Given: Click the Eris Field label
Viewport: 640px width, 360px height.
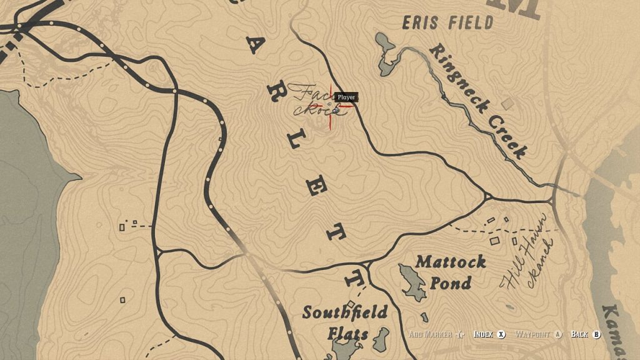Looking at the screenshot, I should (x=447, y=23).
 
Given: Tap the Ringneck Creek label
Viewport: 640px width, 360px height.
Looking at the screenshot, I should (x=477, y=101).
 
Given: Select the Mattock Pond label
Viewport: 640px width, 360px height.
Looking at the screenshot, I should (x=450, y=272).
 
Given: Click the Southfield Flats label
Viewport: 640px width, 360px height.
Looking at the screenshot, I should (x=345, y=322).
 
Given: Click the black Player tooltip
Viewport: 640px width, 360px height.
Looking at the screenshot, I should (x=346, y=97).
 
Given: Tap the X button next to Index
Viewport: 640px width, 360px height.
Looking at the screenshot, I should (x=501, y=334).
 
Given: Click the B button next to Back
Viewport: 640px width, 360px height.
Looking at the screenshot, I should (x=596, y=334).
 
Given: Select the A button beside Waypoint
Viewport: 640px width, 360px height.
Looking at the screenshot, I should (x=558, y=334).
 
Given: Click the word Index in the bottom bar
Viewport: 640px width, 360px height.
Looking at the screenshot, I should (x=483, y=334).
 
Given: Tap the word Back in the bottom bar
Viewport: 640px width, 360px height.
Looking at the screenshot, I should (x=579, y=334).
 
